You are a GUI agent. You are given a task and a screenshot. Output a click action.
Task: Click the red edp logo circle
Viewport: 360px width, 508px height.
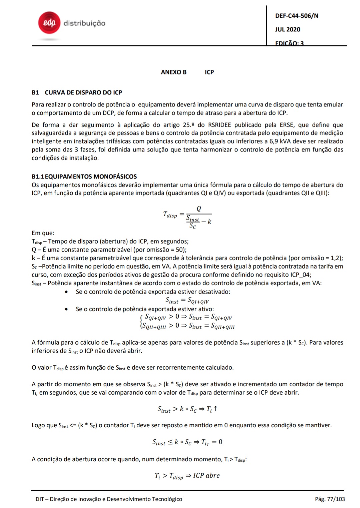point(49,23)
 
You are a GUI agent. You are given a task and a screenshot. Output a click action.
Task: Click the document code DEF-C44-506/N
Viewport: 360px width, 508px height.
point(297,16)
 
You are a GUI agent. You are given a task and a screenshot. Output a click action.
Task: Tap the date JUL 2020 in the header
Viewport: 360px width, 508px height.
point(288,29)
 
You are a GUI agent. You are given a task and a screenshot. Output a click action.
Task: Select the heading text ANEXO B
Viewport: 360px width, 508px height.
point(174,72)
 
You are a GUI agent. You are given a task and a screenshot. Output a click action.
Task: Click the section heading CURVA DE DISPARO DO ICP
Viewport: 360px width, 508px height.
point(83,92)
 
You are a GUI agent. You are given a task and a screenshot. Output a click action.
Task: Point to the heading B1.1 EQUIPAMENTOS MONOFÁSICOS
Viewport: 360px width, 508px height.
point(84,176)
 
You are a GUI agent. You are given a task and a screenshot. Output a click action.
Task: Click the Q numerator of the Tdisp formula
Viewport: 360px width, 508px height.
point(199,209)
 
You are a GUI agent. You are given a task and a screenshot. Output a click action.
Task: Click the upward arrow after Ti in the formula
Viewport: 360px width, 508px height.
point(216,409)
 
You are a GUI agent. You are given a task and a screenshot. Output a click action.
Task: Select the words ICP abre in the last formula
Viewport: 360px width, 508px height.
point(206,475)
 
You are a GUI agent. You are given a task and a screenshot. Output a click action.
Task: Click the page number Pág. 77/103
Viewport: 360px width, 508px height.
point(330,499)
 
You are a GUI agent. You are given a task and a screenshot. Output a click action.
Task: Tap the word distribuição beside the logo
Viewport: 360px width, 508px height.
point(84,23)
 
